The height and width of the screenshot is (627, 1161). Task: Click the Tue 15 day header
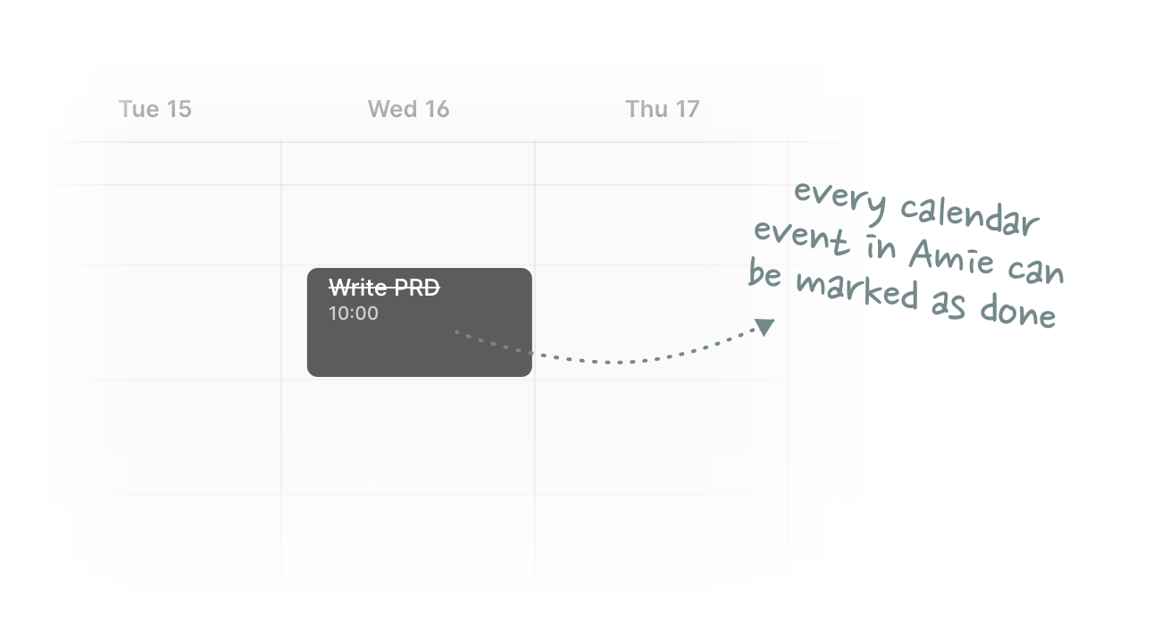155,109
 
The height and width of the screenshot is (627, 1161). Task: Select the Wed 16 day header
408,109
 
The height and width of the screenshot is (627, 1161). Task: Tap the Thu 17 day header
663,109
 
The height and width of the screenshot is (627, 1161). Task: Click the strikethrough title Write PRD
384,288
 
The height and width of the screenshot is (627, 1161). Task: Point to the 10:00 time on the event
354,313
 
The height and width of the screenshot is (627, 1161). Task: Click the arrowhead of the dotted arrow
765,327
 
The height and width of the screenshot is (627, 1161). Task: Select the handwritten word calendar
970,218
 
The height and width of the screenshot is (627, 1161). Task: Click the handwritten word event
801,237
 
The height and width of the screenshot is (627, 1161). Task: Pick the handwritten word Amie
951,256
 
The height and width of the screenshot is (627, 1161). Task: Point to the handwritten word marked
857,290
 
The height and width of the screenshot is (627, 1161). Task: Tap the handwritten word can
1036,270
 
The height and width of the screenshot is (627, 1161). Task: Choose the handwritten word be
764,272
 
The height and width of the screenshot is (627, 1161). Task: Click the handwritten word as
948,305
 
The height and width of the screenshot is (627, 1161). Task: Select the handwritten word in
881,247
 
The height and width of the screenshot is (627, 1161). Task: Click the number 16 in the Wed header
437,109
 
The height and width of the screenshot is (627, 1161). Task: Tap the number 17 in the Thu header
688,109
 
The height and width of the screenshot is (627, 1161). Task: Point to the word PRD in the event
417,288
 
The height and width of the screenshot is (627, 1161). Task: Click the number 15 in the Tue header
180,109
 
